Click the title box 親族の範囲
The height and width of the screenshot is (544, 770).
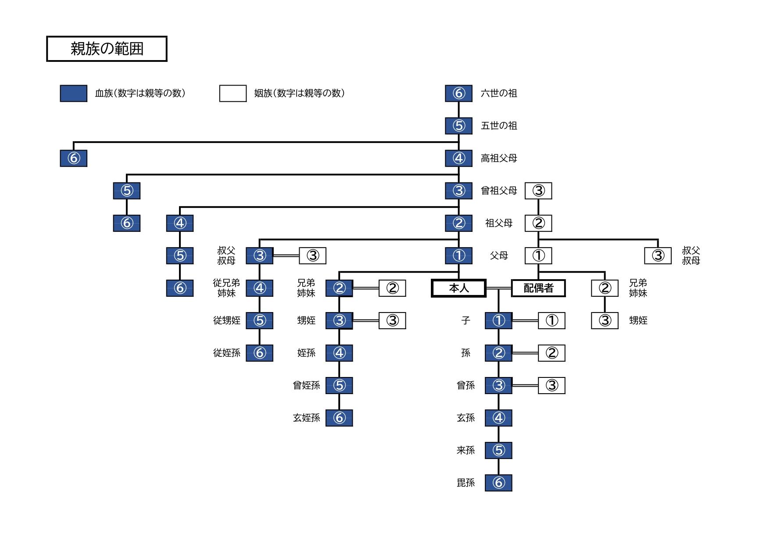pyautogui.click(x=107, y=49)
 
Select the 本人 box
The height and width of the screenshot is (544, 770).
pyautogui.click(x=458, y=288)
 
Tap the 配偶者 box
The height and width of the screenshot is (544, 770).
pyautogui.click(x=538, y=288)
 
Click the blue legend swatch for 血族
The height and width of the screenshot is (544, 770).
pyautogui.click(x=73, y=93)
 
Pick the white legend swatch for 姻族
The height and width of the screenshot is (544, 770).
pyautogui.click(x=233, y=93)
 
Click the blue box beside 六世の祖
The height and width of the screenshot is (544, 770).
pyautogui.click(x=458, y=93)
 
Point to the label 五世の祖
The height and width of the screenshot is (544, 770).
pyautogui.click(x=499, y=126)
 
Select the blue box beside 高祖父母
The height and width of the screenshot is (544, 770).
pyautogui.click(x=458, y=158)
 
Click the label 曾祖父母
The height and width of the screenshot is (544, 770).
pyautogui.click(x=499, y=191)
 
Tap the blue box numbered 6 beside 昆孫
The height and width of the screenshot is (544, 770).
pyautogui.click(x=498, y=483)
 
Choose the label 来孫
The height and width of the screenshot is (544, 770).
pyautogui.click(x=466, y=450)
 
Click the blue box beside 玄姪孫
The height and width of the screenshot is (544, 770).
pyautogui.click(x=339, y=418)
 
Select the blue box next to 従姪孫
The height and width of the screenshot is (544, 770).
pyautogui.click(x=259, y=353)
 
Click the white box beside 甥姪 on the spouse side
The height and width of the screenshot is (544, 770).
pyautogui.click(x=605, y=320)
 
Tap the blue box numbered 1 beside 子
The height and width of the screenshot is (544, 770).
pyautogui.click(x=498, y=320)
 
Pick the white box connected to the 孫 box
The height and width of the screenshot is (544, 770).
pyautogui.click(x=552, y=353)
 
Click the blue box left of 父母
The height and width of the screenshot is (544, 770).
pyautogui.click(x=458, y=256)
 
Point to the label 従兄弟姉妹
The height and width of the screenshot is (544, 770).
pyautogui.click(x=226, y=288)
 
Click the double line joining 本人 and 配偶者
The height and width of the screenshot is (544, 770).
pyautogui.click(x=498, y=288)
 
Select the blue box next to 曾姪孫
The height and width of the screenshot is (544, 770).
pyautogui.click(x=339, y=385)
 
